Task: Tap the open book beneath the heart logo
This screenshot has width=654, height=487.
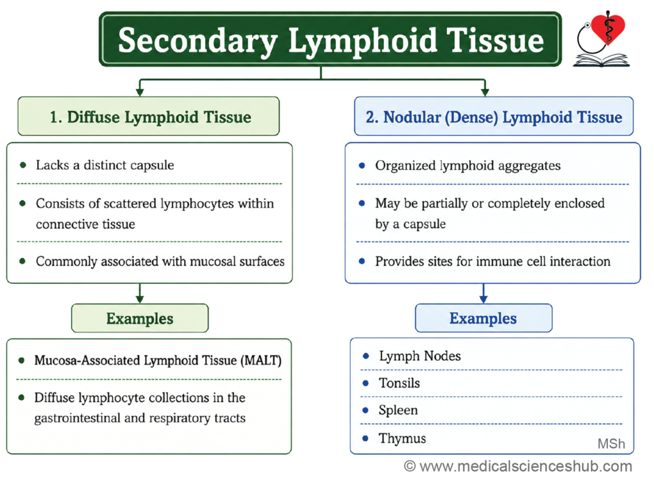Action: pos(601,60)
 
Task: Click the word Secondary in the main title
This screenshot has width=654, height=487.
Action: pos(198,42)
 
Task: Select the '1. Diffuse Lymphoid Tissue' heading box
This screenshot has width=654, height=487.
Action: pos(148,116)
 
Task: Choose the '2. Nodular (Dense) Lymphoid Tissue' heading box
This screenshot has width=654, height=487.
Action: pos(494,116)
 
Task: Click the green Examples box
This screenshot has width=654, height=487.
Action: pos(140,318)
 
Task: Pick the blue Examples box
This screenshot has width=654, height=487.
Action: pos(483,318)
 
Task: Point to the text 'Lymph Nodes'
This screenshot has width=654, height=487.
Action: pos(420,356)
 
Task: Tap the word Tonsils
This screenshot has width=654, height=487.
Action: pos(399,383)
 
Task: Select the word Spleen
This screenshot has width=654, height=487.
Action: pos(398,410)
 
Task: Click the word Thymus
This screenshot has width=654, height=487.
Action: pos(402,438)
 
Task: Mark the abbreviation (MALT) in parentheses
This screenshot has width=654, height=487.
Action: pos(261,360)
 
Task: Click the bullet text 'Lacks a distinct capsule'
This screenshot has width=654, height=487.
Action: pos(105,166)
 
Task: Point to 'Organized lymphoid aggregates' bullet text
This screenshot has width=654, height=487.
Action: pos(468,166)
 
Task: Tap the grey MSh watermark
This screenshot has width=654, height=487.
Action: pos(611,443)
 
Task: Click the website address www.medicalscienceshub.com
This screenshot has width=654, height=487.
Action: pos(526,466)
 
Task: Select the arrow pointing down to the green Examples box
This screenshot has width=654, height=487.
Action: pos(140,293)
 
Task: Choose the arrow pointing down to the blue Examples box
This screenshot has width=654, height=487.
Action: pos(483,293)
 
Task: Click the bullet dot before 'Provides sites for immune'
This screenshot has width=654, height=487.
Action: pos(361,261)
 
